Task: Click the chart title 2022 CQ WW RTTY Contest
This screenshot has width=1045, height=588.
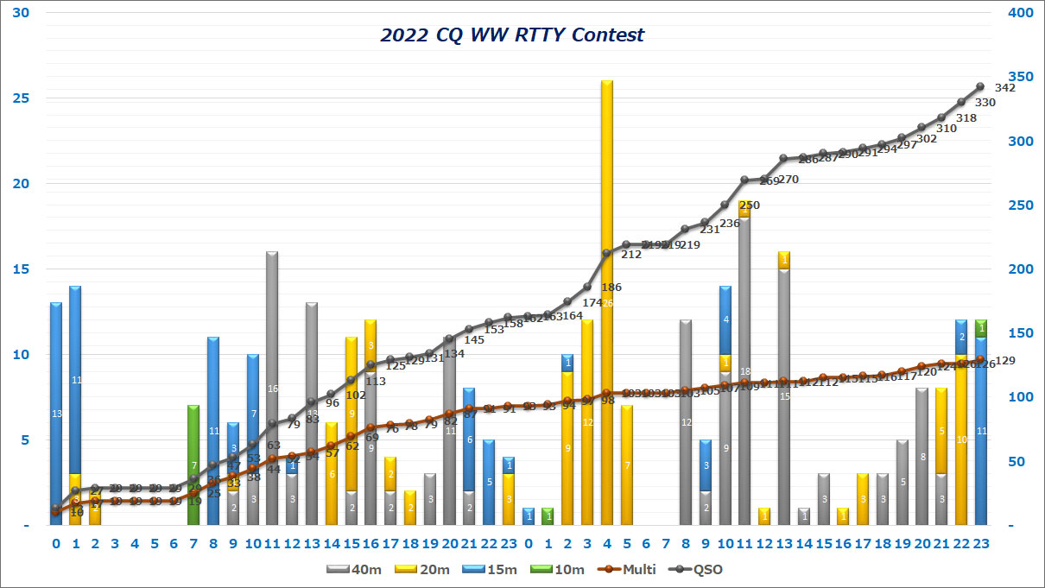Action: (512, 35)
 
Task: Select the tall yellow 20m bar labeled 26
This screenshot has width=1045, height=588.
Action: (607, 259)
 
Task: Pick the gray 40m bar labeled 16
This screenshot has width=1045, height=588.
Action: (272, 389)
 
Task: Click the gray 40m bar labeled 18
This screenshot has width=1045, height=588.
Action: (744, 371)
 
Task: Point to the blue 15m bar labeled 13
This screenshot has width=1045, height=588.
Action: (56, 414)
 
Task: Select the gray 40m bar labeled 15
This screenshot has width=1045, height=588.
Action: (784, 397)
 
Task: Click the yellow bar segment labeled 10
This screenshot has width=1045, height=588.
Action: (961, 439)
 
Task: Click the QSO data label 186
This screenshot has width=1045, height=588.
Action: (611, 287)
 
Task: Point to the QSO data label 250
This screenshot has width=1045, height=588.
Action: (750, 205)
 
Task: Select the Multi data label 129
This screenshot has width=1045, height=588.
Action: (1004, 361)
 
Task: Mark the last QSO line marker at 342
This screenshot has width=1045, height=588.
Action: (980, 86)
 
